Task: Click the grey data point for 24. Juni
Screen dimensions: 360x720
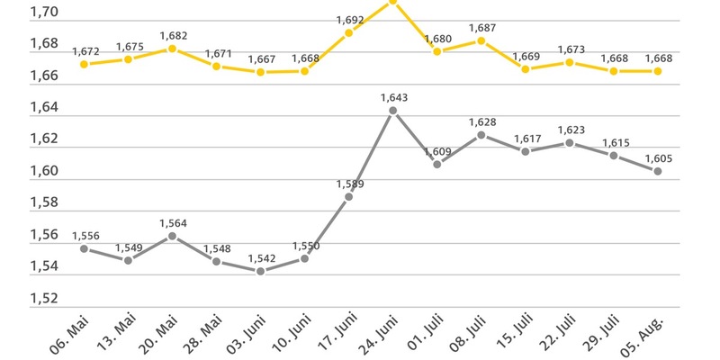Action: (392, 111)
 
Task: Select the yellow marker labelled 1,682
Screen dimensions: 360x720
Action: (173, 49)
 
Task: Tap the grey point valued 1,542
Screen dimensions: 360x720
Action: (261, 271)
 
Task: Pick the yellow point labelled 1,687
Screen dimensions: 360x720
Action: (481, 40)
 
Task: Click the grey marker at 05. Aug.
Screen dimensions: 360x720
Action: (658, 171)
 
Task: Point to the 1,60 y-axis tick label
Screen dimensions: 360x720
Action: (45, 171)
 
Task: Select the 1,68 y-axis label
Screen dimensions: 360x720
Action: (45, 44)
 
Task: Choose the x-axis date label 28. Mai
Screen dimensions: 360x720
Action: (201, 335)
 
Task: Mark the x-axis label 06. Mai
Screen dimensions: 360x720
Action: (68, 335)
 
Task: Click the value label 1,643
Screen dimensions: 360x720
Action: (394, 97)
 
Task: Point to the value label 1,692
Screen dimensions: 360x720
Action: (350, 19)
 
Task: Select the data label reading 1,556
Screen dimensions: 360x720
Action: (85, 235)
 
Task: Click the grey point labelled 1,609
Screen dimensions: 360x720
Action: (437, 164)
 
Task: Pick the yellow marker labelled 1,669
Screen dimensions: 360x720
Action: (526, 68)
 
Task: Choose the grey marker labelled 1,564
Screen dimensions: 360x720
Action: (173, 236)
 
